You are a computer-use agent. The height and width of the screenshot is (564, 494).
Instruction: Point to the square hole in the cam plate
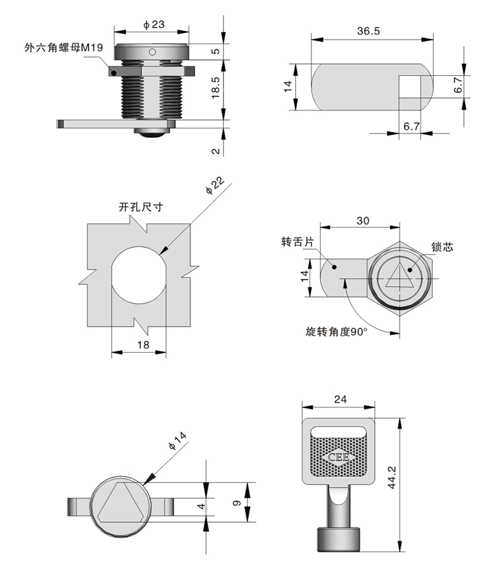410,86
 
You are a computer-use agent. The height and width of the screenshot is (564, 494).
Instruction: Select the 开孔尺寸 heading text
140,207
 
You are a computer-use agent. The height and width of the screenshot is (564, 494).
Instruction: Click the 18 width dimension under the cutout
142,346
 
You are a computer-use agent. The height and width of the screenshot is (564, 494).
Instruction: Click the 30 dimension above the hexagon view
362,221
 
